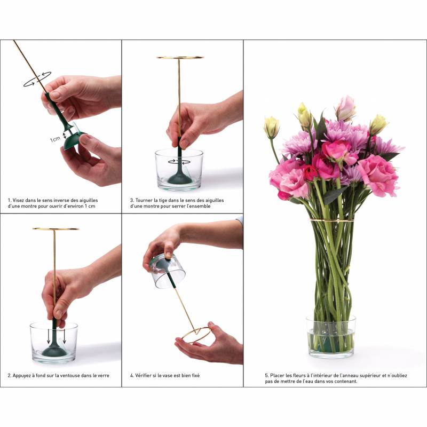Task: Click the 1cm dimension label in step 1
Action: click(x=55, y=139)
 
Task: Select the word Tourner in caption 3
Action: click(x=144, y=200)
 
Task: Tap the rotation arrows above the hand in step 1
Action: click(x=37, y=79)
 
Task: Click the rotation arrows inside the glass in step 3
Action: click(x=179, y=162)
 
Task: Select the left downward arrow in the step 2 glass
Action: click(x=49, y=336)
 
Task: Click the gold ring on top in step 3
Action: click(x=180, y=58)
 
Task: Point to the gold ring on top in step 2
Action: click(x=56, y=229)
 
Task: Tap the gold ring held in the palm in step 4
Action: click(x=196, y=334)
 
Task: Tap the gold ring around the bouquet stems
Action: click(x=332, y=220)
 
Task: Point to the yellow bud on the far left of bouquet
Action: click(x=271, y=128)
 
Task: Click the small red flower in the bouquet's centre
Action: click(x=310, y=172)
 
